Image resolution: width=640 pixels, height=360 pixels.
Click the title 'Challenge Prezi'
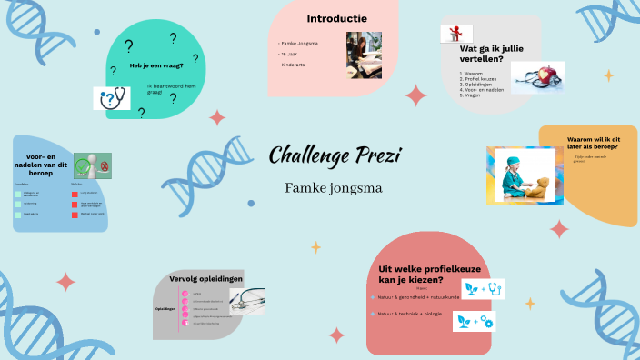click(334, 156)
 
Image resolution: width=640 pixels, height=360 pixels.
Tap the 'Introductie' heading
click(336, 18)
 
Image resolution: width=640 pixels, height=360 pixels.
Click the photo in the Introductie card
click(363, 55)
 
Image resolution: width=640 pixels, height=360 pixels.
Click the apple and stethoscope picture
click(536, 77)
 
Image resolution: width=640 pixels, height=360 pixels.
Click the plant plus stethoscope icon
click(482, 289)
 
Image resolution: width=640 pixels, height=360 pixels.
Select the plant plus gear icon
click(474, 321)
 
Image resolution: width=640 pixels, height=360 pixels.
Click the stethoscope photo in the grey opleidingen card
click(247, 300)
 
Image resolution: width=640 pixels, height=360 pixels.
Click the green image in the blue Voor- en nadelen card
click(92, 166)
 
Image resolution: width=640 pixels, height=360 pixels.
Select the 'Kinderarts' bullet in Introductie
click(294, 66)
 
